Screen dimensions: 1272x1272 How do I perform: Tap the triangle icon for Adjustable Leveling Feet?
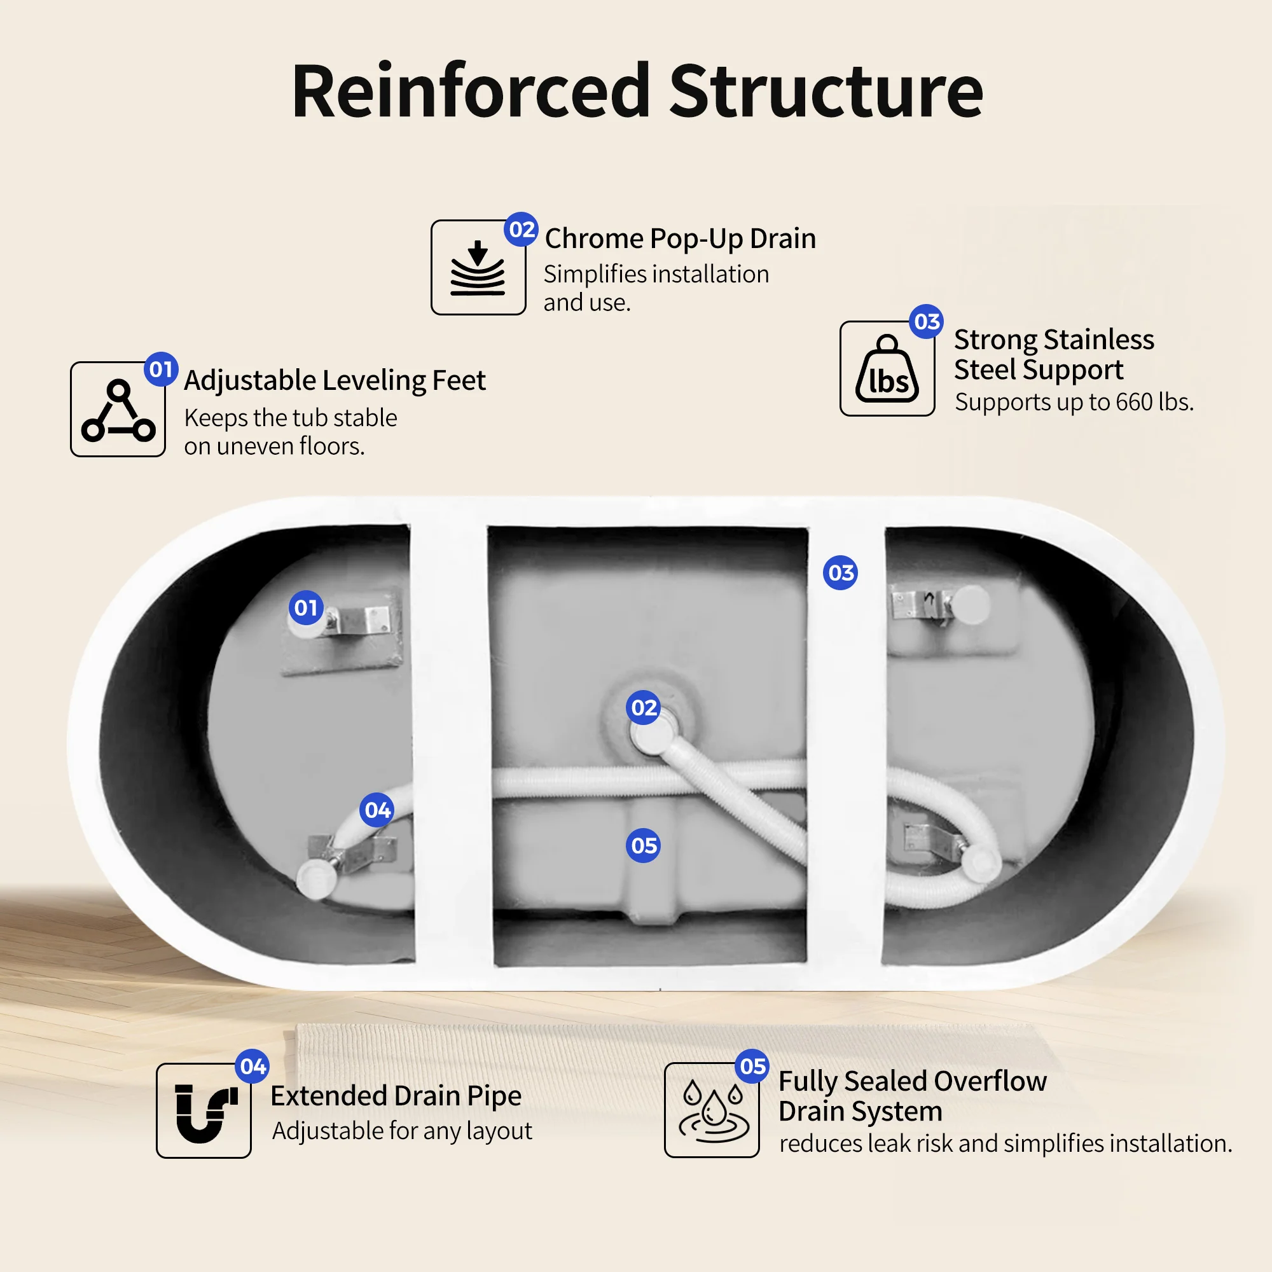coord(118,410)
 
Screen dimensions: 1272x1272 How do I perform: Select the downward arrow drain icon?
coord(478,267)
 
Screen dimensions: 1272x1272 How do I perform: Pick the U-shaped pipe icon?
coord(205,1112)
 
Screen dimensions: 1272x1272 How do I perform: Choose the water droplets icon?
coord(714,1111)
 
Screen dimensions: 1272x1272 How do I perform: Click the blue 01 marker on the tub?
coord(306,607)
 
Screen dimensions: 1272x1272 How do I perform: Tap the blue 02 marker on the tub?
coord(643,708)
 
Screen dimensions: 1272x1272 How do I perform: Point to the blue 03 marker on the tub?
coord(841,573)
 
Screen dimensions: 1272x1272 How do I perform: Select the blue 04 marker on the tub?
coord(377,810)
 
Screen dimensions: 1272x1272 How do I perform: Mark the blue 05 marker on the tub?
coord(643,845)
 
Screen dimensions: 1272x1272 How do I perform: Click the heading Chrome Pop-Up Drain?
coord(680,238)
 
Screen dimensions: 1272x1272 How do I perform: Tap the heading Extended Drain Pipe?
coord(396,1096)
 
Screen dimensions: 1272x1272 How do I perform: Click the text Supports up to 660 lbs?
coord(1074,401)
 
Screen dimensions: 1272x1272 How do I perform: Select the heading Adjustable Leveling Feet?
coord(335,380)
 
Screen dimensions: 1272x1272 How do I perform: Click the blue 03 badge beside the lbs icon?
coord(927,322)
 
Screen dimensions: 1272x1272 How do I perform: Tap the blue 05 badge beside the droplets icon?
coord(752,1067)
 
